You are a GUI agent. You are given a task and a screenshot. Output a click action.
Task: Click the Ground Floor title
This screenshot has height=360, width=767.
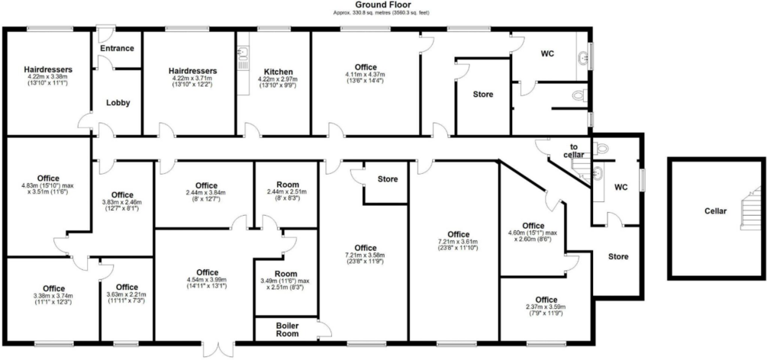tap(383, 5)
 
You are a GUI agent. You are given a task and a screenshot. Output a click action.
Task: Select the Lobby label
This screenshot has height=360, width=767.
tap(118, 103)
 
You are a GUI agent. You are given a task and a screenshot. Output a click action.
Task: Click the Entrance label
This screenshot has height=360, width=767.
tap(117, 48)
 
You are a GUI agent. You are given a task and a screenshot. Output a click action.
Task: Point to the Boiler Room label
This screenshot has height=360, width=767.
tap(287, 329)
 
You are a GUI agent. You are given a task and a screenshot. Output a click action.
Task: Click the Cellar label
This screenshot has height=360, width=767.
tap(715, 211)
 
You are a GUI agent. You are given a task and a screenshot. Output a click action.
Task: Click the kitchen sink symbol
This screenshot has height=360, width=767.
tap(243, 58)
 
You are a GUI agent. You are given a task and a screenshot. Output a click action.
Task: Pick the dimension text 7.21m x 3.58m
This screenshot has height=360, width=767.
tap(366, 256)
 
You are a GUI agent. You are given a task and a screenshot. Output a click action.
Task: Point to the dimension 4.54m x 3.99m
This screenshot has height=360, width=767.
tap(207, 279)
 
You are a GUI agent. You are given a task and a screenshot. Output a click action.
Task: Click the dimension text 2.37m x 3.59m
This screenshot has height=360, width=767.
tap(546, 307)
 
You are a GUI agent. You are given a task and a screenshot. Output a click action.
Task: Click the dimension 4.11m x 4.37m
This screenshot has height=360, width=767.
tap(366, 74)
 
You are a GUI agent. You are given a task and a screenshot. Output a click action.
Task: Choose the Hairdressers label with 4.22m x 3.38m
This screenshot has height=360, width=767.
tap(48, 69)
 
